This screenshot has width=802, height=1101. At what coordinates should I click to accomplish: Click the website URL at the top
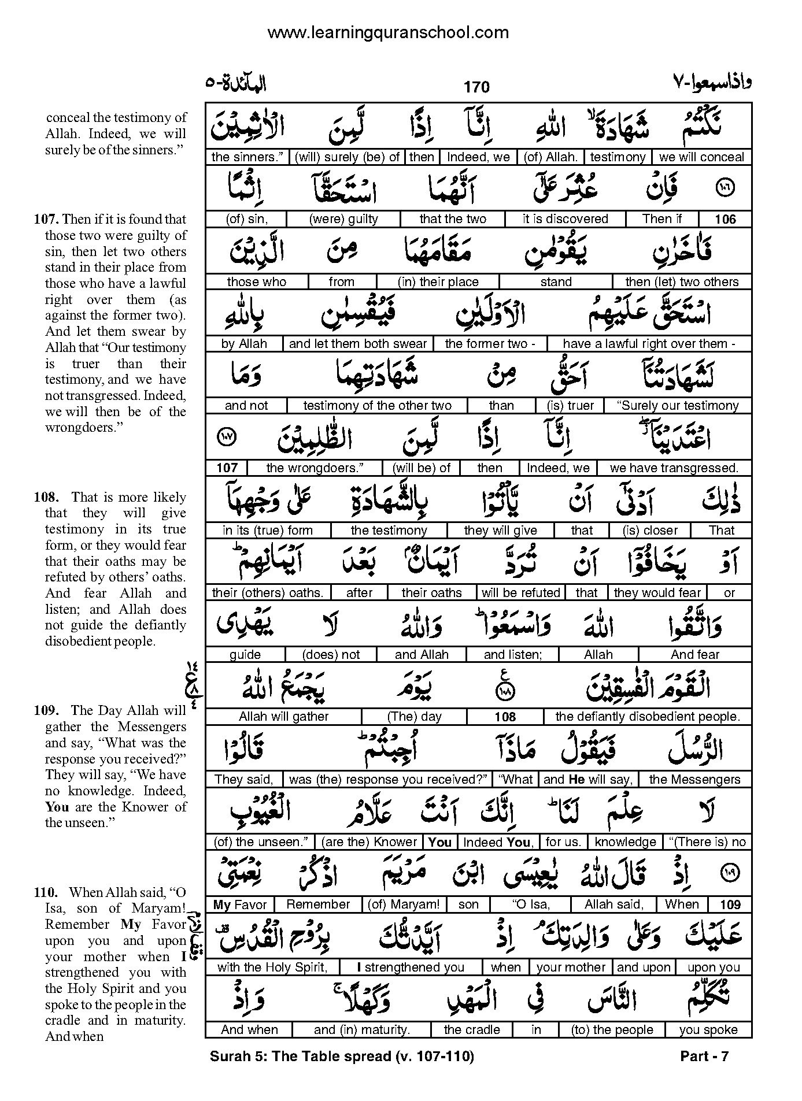click(x=388, y=33)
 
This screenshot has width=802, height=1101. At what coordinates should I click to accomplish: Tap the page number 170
click(x=476, y=87)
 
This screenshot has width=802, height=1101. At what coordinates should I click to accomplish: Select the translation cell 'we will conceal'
click(x=701, y=157)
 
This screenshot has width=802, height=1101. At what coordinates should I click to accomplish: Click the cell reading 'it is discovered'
click(x=565, y=219)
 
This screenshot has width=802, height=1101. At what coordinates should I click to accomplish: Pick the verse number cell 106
click(x=725, y=219)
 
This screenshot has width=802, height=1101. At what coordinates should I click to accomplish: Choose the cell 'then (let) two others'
click(x=682, y=282)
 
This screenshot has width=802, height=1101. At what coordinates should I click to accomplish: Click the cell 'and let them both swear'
click(x=357, y=344)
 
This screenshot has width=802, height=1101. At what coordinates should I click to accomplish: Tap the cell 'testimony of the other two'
click(x=377, y=406)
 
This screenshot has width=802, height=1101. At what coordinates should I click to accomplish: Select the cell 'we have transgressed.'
click(x=674, y=468)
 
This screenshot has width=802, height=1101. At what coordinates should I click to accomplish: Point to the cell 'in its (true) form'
click(x=267, y=531)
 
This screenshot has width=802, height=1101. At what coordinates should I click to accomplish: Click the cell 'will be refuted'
click(x=520, y=593)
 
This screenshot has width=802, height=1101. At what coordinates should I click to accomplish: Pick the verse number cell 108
click(x=505, y=717)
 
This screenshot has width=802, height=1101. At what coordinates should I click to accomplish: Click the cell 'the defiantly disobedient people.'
click(x=648, y=717)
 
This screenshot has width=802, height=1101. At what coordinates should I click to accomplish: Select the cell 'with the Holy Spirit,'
click(x=272, y=967)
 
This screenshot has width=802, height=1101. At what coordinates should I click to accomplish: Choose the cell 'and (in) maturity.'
click(x=361, y=1030)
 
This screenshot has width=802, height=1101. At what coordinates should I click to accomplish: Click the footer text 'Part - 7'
click(x=704, y=1057)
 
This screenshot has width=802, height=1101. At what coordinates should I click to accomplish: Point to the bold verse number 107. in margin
click(x=46, y=219)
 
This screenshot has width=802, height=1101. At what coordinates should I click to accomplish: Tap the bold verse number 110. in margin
click(x=46, y=892)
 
